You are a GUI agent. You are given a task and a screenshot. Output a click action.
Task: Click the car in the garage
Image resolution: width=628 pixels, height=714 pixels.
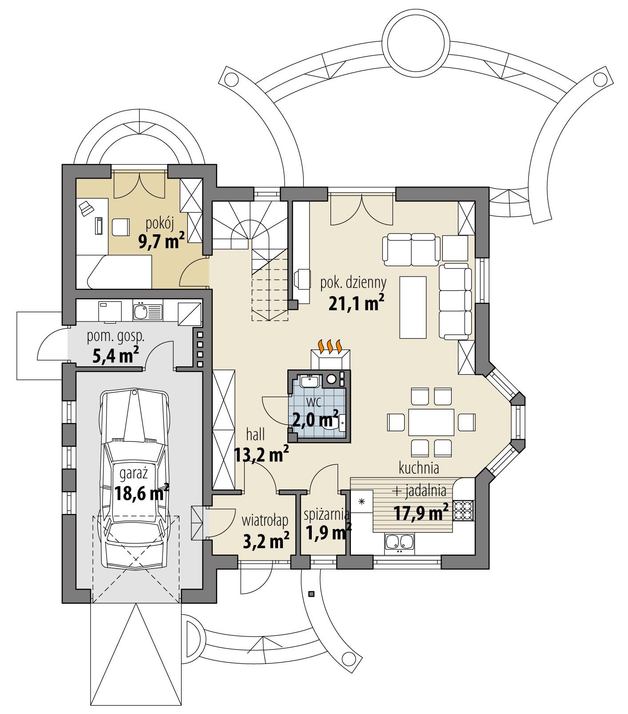pos(135,480)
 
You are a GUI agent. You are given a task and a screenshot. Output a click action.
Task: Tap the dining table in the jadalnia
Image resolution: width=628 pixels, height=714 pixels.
pos(431,421)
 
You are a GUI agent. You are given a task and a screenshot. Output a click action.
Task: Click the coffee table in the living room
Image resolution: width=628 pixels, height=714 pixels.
pos(413,307)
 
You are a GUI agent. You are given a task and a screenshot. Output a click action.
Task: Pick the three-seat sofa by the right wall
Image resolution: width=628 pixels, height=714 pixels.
pos(455,301)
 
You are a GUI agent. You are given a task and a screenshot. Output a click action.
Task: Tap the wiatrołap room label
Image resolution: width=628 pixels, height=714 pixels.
pos(265,519)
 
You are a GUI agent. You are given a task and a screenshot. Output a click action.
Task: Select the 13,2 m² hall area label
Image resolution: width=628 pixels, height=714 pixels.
pos(262,455)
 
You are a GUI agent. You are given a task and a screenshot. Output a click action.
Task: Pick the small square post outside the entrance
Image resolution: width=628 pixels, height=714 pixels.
pos(311,594)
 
